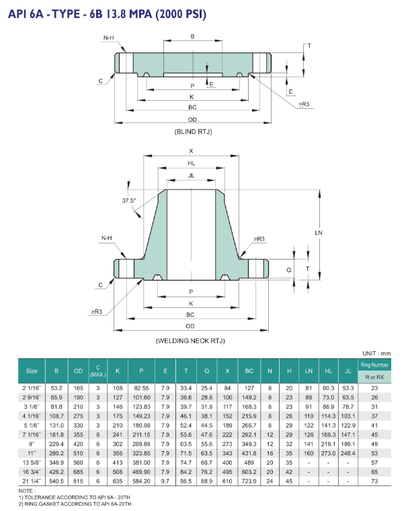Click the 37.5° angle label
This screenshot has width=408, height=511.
pyautogui.click(x=129, y=201)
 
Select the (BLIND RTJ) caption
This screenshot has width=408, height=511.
pyautogui.click(x=194, y=132)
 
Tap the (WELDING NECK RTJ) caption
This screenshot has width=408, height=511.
pyautogui.click(x=190, y=341)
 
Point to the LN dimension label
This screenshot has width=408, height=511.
pyautogui.click(x=319, y=233)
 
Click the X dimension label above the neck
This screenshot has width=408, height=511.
pyautogui.click(x=192, y=151)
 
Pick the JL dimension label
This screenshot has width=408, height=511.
pyautogui.click(x=192, y=175)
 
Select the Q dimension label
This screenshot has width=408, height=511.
pyautogui.click(x=289, y=270)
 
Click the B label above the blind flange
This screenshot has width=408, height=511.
pyautogui.click(x=193, y=36)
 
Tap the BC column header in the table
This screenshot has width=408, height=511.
pyautogui.click(x=249, y=371)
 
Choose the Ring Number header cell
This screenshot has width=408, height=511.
pyautogui.click(x=374, y=365)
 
